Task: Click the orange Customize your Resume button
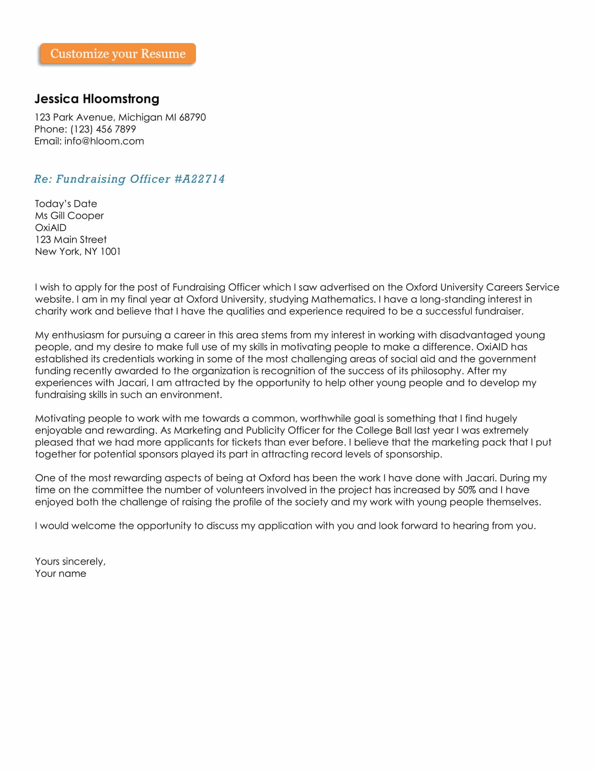pyautogui.click(x=118, y=54)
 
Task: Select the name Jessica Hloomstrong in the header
pyautogui.click(x=97, y=99)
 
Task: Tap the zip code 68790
pyautogui.click(x=192, y=117)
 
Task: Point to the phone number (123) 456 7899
pyautogui.click(x=103, y=129)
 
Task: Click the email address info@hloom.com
pyautogui.click(x=104, y=141)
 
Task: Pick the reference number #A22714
pyautogui.click(x=199, y=179)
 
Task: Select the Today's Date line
pyautogui.click(x=66, y=204)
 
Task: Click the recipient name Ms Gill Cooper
pyautogui.click(x=69, y=216)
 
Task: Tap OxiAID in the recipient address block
pyautogui.click(x=51, y=228)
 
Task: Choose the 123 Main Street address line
pyautogui.click(x=71, y=240)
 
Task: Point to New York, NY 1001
pyautogui.click(x=78, y=252)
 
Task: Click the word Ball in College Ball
pyautogui.click(x=404, y=430)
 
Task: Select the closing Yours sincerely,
pyautogui.click(x=70, y=562)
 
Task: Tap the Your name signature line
pyautogui.click(x=61, y=574)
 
